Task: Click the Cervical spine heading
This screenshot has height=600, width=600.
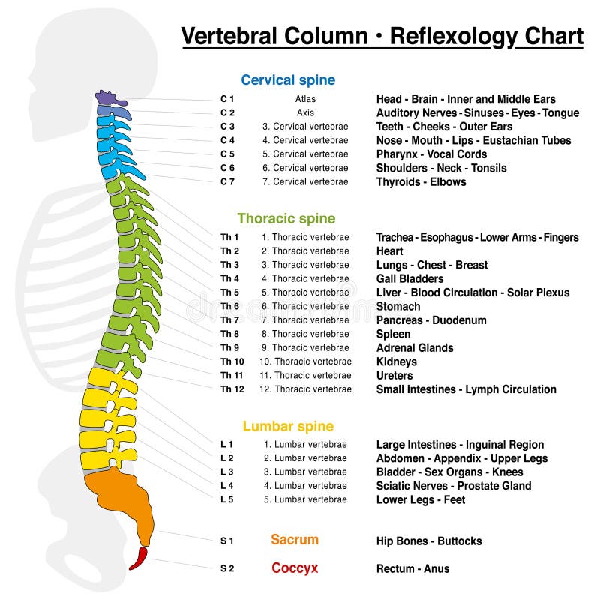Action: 288,80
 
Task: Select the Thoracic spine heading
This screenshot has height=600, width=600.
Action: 286,219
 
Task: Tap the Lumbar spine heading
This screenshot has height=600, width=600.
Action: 288,427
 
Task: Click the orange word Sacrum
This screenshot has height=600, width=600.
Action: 295,540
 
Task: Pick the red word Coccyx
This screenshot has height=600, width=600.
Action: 295,568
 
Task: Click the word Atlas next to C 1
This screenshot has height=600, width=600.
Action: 305,99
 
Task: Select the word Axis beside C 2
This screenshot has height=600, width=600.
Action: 305,112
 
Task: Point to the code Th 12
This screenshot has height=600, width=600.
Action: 232,389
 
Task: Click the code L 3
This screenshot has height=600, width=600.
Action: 227,472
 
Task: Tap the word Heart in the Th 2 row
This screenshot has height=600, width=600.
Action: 389,251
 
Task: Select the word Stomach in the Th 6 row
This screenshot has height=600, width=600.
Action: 398,306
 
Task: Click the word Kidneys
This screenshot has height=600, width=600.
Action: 397,361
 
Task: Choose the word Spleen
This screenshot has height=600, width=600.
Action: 393,334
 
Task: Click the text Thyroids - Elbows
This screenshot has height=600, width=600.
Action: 421,181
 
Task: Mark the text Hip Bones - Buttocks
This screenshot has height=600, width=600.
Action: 429,541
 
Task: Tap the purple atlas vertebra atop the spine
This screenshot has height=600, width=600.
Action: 110,97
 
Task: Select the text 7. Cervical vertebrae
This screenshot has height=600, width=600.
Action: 305,181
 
